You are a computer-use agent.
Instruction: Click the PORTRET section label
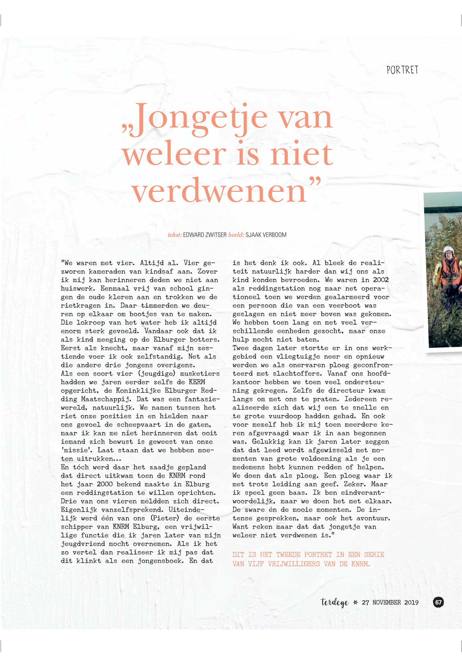coord(402,70)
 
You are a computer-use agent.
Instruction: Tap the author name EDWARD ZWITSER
coord(205,235)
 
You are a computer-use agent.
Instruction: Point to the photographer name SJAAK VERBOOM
coord(266,235)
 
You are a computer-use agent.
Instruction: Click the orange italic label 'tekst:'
coord(175,235)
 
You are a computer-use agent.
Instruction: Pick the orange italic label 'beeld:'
coord(236,235)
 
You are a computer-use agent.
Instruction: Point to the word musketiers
coord(200,374)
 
